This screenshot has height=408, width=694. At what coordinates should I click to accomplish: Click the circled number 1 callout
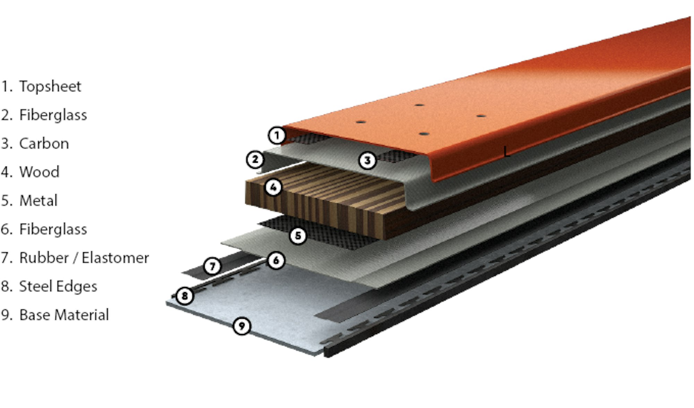(x=277, y=135)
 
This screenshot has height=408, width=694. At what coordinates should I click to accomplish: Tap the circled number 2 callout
(x=255, y=160)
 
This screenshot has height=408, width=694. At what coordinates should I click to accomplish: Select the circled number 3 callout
(x=367, y=160)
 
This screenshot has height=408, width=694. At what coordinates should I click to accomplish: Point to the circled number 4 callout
(x=273, y=187)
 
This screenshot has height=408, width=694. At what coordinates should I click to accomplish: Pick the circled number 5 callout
(x=298, y=236)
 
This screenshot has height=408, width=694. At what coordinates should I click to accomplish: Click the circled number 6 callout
(x=276, y=260)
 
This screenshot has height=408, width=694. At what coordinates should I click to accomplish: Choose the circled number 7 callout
(x=212, y=266)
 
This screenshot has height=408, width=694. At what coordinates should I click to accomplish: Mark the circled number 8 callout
(x=185, y=296)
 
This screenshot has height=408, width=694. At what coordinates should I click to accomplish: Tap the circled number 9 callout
(x=242, y=326)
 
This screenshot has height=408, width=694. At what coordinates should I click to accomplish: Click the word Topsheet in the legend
(x=50, y=86)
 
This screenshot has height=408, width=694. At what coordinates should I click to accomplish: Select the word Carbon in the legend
(x=44, y=144)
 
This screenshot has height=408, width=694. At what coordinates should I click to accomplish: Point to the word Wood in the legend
(x=39, y=172)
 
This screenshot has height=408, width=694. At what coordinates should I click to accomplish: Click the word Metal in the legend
(x=38, y=201)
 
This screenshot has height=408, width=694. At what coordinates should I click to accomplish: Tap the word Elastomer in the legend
(x=115, y=258)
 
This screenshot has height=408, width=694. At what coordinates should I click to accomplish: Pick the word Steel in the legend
(x=35, y=286)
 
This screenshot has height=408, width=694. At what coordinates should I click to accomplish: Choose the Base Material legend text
(x=64, y=315)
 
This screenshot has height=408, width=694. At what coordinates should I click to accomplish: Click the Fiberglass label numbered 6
(x=53, y=229)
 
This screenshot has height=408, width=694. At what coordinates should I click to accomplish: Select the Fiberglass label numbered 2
(x=53, y=115)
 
